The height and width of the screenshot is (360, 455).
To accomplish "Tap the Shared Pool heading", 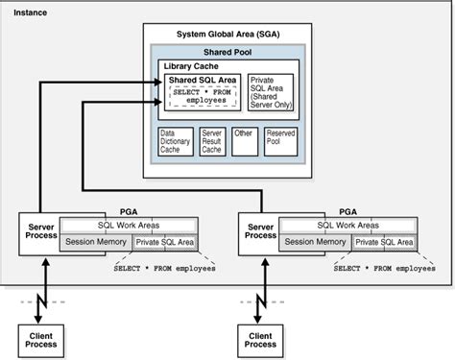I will [226, 51].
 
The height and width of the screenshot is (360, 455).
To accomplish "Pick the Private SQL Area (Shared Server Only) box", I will [269, 93].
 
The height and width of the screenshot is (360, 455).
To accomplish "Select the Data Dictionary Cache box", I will [174, 142].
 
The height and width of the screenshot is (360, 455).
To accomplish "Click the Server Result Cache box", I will [211, 142].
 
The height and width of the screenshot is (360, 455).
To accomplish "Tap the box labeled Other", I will [245, 142].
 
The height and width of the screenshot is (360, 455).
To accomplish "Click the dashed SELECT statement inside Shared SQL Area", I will [204, 95].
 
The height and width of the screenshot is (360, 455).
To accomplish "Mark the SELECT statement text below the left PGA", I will [164, 270].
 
